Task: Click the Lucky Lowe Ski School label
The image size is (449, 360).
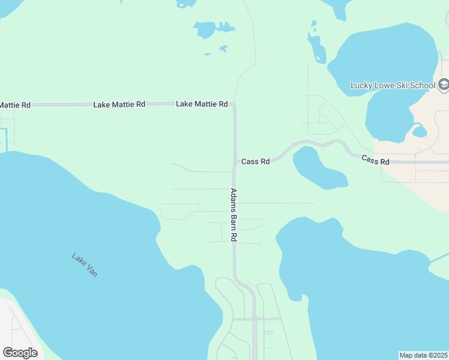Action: point(393,85)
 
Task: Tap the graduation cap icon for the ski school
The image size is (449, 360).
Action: point(444,85)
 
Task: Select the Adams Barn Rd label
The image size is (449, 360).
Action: point(234,215)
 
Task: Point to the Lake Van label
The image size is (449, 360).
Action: point(85,265)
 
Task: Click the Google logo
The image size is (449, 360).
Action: point(20,353)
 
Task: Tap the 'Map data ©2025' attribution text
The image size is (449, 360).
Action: point(423,355)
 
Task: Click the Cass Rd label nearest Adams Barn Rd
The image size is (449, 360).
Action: point(256,161)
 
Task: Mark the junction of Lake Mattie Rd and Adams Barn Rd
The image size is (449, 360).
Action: point(234,104)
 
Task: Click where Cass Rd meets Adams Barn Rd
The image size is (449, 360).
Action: point(234,161)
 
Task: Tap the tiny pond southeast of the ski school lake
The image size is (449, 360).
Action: point(420,131)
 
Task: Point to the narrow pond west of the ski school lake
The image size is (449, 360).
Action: point(316,48)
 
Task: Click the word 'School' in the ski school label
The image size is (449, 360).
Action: point(423,85)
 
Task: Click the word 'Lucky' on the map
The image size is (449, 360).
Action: point(361,85)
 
